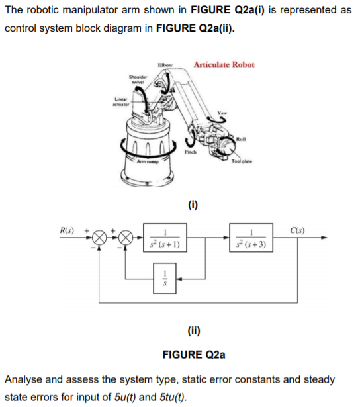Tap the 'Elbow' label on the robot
point(164,64)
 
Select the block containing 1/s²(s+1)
point(168,240)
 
